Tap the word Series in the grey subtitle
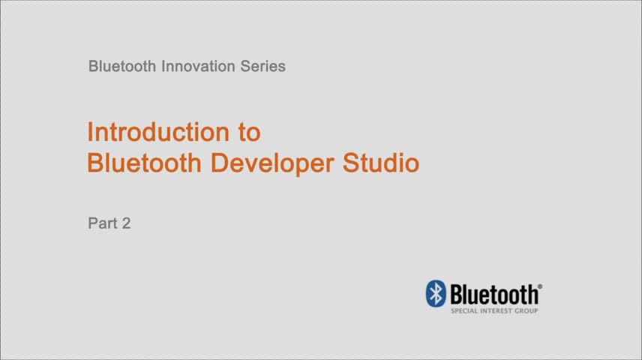[x=262, y=66]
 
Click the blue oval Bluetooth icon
[x=436, y=293]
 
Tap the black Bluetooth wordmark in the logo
[x=493, y=293]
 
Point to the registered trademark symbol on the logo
[x=540, y=286]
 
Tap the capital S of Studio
[x=352, y=163]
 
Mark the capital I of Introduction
[x=90, y=132]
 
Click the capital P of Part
[x=92, y=223]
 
